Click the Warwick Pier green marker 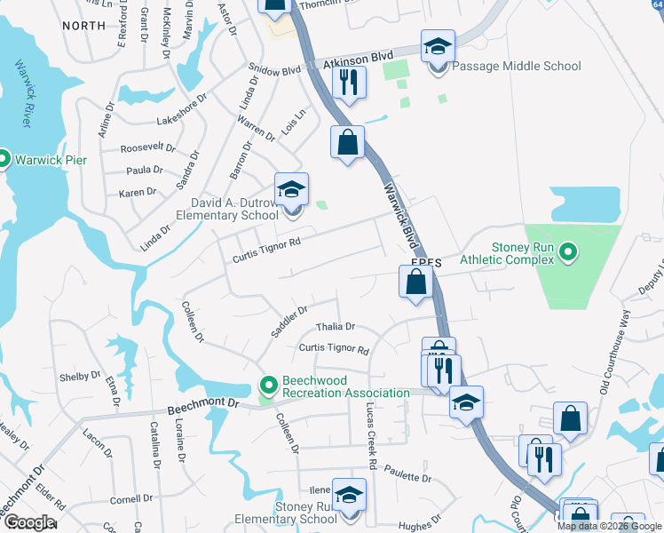[4, 160]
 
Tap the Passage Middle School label [517, 66]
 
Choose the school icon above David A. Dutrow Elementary [291, 189]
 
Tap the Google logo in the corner [29, 522]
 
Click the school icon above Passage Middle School [438, 46]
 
